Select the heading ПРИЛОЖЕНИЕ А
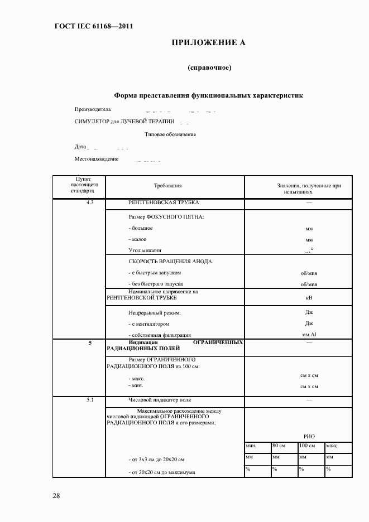click(x=208, y=43)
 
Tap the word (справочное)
click(x=209, y=68)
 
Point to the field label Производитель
click(x=93, y=109)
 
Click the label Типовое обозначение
click(x=170, y=134)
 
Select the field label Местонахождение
click(x=97, y=159)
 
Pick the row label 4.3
click(x=90, y=202)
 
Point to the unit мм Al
click(x=309, y=335)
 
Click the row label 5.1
click(x=90, y=400)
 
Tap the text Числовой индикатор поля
click(x=160, y=400)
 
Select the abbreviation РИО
click(x=309, y=437)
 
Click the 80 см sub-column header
click(x=279, y=447)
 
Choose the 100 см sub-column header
click(x=306, y=447)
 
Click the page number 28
click(x=56, y=495)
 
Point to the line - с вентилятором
click(x=148, y=323)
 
